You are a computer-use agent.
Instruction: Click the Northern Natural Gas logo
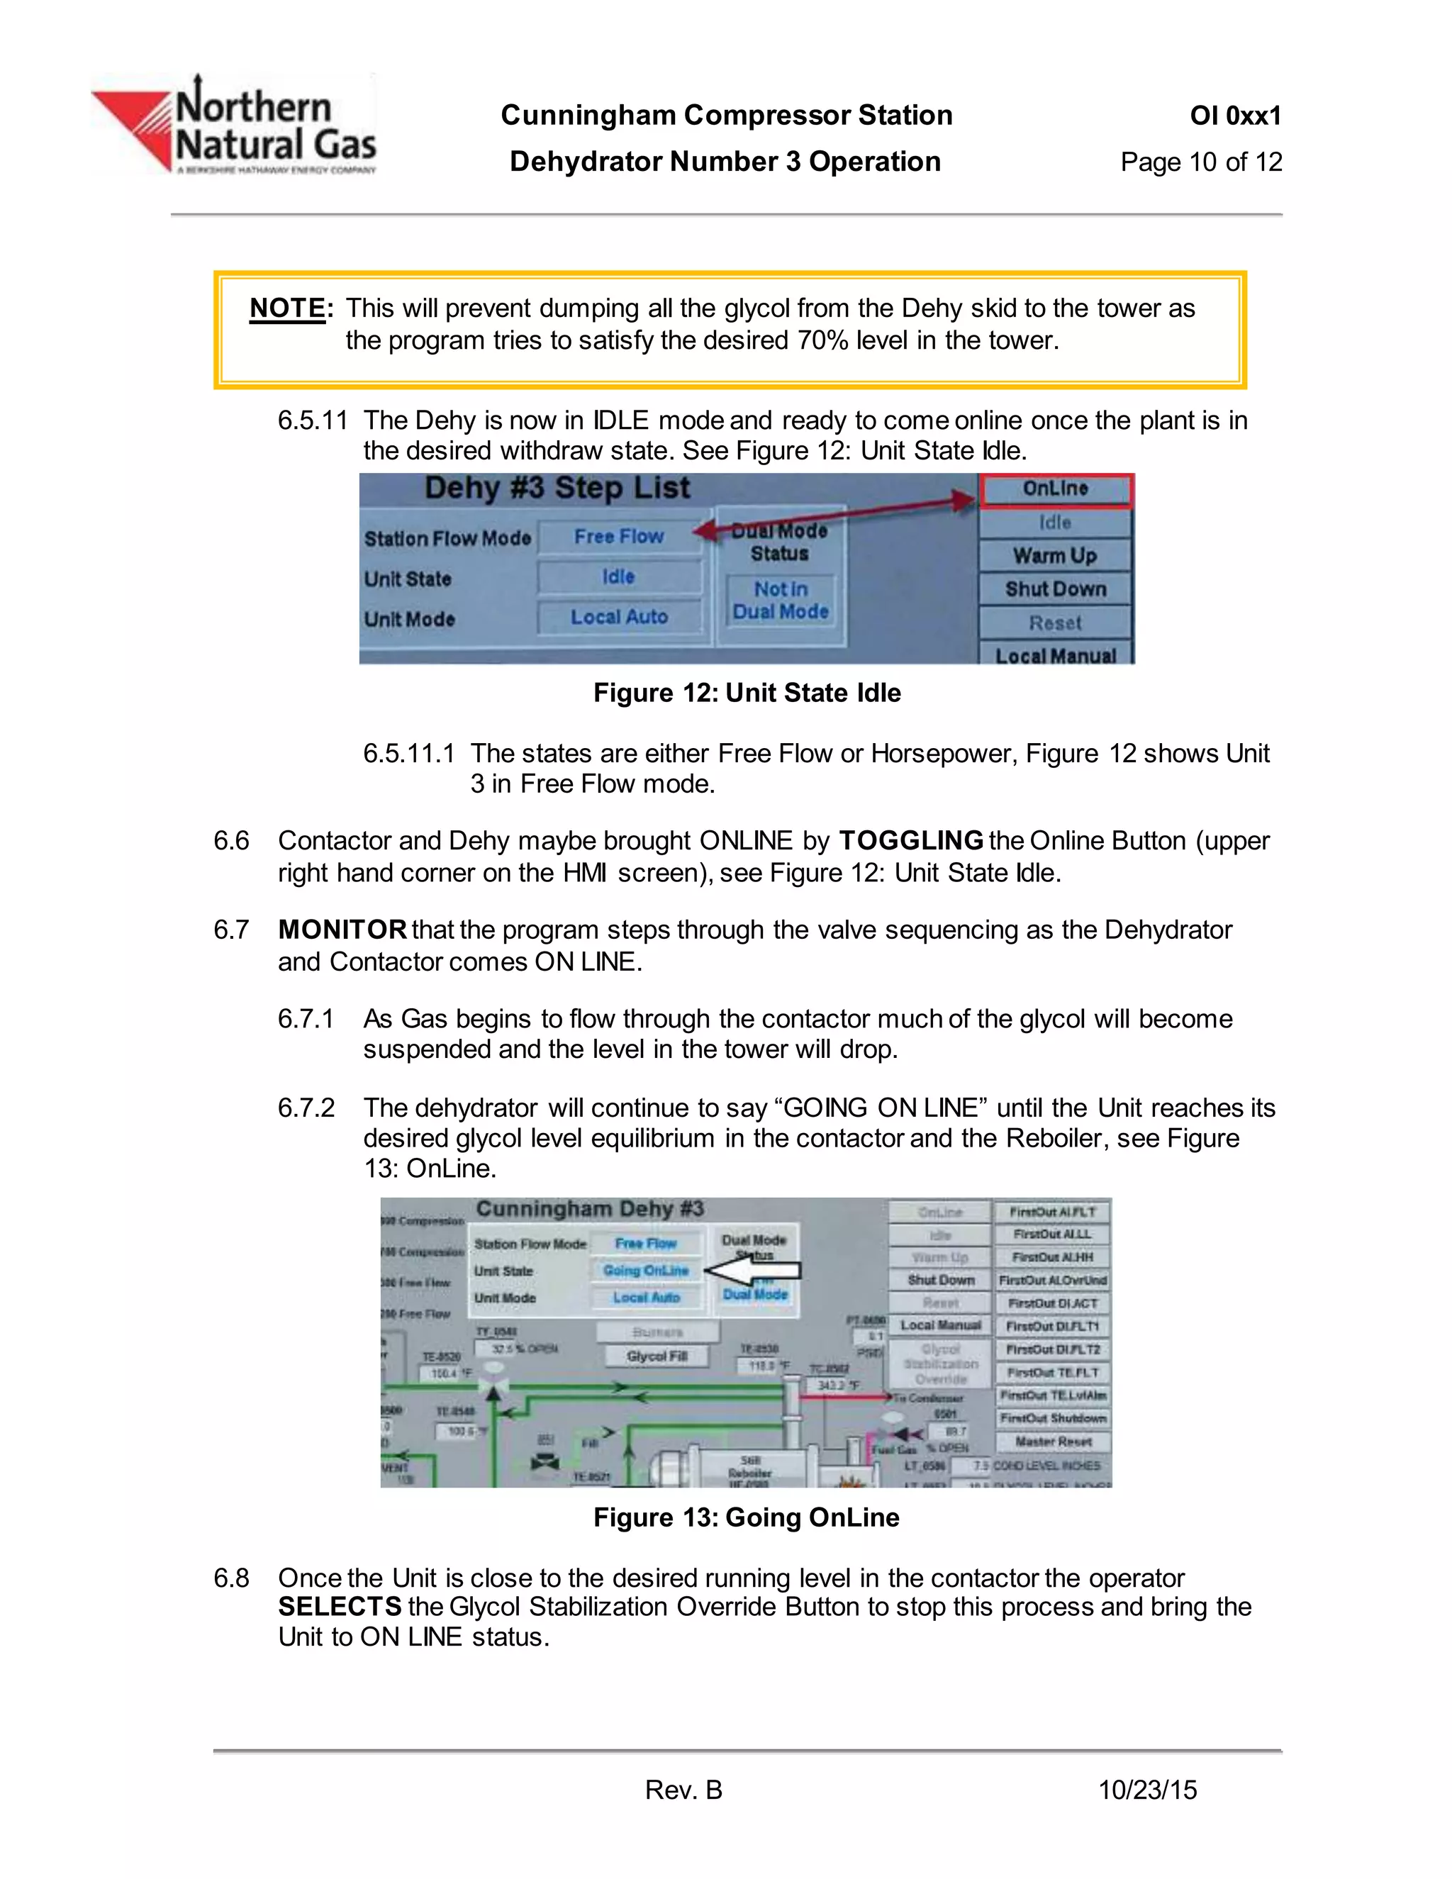click(234, 126)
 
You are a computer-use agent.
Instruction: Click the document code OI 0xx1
click(1234, 116)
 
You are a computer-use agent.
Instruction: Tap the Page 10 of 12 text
click(1200, 162)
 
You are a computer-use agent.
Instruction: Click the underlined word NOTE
click(287, 308)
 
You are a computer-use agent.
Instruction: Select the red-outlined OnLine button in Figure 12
click(1056, 489)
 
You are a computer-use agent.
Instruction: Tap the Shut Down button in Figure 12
click(1056, 589)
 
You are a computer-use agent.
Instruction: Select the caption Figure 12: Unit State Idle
click(747, 693)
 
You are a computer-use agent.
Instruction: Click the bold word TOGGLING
click(910, 840)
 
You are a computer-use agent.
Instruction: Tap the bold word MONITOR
click(342, 930)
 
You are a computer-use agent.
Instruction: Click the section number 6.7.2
click(306, 1108)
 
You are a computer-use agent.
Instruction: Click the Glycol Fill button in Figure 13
click(657, 1356)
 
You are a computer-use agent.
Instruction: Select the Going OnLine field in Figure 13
click(646, 1271)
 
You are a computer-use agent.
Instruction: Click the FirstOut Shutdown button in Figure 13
click(1053, 1419)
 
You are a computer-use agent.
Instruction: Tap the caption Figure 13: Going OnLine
click(746, 1517)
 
